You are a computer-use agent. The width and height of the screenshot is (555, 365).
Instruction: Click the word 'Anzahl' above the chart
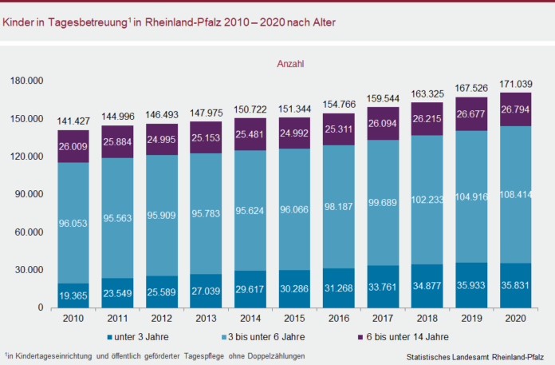coord(292,62)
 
